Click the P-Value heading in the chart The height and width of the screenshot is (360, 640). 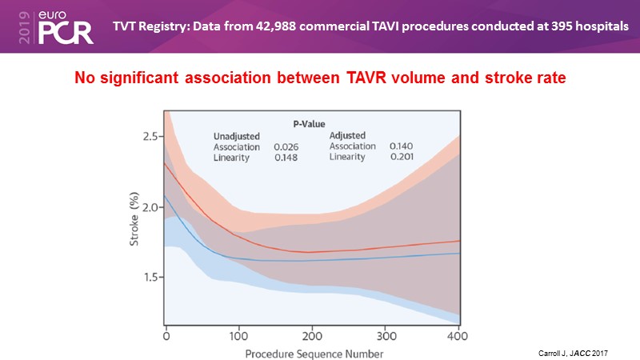coord(308,124)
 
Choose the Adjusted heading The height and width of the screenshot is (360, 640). coord(348,135)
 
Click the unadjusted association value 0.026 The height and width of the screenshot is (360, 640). coord(286,147)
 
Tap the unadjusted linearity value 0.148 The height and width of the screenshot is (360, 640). coord(286,158)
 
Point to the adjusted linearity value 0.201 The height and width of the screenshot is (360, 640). coord(402,158)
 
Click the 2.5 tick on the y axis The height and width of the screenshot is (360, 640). coord(150,137)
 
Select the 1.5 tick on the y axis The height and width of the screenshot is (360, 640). coord(150,277)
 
